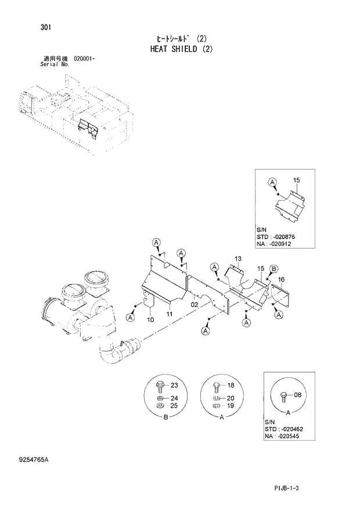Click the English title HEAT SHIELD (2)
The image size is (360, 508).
click(179, 49)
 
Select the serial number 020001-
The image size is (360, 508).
click(85, 59)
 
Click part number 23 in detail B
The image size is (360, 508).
click(174, 385)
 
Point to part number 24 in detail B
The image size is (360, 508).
click(174, 398)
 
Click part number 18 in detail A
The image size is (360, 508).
click(230, 385)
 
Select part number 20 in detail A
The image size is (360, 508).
click(230, 398)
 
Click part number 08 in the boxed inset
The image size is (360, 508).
click(298, 395)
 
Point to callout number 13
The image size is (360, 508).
click(238, 258)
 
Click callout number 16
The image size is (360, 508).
click(281, 279)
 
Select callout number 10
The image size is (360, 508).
click(150, 320)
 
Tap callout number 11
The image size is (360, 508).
click(170, 314)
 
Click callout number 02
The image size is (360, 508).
click(195, 304)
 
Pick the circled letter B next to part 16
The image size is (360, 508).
click(274, 268)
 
